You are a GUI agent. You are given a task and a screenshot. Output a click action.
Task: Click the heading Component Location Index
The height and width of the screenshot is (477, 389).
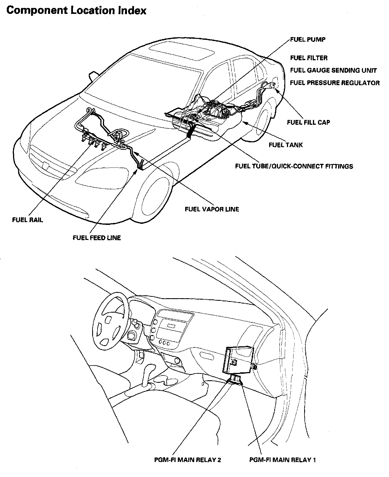point(76,11)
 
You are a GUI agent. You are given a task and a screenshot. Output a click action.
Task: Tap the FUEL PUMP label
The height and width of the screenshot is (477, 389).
point(308,39)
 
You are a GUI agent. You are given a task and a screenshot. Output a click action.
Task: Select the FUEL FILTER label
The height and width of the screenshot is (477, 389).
point(309,58)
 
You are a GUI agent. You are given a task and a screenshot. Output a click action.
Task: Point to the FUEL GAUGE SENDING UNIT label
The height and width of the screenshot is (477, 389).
point(333,70)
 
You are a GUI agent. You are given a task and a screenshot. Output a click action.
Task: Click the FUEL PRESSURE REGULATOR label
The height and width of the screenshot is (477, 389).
point(335,83)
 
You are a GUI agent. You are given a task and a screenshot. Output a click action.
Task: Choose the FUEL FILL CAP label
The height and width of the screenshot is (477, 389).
point(308,122)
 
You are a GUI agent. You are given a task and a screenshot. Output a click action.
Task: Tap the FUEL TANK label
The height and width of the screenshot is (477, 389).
point(286,145)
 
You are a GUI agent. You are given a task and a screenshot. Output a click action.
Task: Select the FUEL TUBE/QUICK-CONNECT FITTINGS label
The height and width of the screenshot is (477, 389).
point(294,166)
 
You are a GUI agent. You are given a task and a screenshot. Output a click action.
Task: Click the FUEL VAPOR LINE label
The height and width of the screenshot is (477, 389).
point(212,209)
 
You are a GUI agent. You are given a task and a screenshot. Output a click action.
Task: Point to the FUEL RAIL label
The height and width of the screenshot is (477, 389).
point(28,220)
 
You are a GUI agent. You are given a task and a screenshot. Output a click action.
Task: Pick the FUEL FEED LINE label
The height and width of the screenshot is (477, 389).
point(97,238)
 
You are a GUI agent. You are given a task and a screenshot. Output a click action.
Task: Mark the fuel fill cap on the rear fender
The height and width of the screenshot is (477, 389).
point(274,85)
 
